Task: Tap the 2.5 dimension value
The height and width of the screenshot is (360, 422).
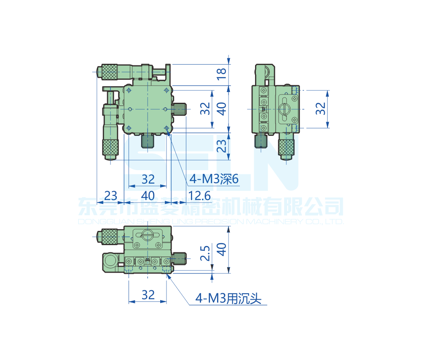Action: pyautogui.click(x=205, y=254)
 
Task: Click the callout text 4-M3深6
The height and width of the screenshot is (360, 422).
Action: pyautogui.click(x=214, y=179)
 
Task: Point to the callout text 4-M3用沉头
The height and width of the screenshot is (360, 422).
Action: pyautogui.click(x=228, y=299)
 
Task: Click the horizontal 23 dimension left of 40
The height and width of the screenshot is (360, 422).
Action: pyautogui.click(x=110, y=196)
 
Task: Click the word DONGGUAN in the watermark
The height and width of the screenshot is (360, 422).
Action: pyautogui.click(x=99, y=222)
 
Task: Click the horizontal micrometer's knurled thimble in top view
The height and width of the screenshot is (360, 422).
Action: pyautogui.click(x=109, y=71)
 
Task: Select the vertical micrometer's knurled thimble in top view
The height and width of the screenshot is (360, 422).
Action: pyautogui.click(x=110, y=147)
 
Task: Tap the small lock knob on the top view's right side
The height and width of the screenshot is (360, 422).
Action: pyautogui.click(x=181, y=109)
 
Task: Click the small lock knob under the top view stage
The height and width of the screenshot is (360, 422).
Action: pyautogui.click(x=148, y=141)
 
